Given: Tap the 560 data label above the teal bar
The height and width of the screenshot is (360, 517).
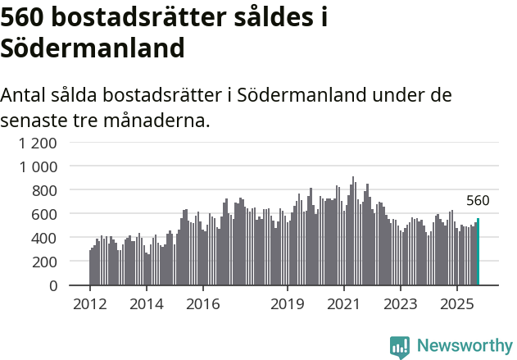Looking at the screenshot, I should [x=478, y=201].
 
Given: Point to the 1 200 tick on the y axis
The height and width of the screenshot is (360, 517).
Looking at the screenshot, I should [x=39, y=143].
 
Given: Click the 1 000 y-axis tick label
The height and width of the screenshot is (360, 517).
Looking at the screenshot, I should [x=39, y=166].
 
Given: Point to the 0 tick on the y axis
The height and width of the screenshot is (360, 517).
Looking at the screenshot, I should [x=52, y=285].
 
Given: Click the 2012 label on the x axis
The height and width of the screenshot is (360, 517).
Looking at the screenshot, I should [x=89, y=304].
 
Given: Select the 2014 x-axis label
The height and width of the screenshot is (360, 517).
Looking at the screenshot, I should [x=146, y=304].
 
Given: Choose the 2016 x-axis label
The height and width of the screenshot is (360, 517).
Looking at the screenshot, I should [x=202, y=304].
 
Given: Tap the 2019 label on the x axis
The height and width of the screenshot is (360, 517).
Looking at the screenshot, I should [x=288, y=304].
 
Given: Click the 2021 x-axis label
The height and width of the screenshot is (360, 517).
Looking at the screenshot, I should [x=344, y=304].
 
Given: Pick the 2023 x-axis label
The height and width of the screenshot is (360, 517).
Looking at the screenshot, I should [x=401, y=304].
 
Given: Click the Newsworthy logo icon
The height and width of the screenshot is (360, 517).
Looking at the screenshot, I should [x=400, y=346].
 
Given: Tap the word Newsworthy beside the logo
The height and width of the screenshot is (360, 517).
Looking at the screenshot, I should [x=464, y=346].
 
